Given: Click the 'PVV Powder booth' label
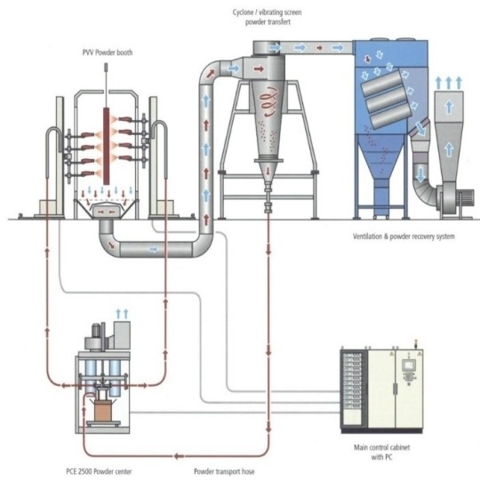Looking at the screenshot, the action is [108, 52].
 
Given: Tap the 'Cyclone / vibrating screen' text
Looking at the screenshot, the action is [267, 12].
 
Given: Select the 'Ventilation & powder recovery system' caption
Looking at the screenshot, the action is [404, 236].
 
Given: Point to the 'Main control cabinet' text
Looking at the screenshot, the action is [381, 447].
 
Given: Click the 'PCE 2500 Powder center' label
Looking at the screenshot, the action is [99, 471].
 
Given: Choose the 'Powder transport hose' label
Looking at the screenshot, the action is [224, 471].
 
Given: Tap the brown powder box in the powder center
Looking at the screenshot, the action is [104, 410].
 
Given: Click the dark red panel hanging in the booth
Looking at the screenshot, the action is [107, 146].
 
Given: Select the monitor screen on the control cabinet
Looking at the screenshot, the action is [408, 365].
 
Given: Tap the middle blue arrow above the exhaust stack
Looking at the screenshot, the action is [449, 83].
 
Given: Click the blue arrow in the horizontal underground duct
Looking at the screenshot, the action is [154, 250].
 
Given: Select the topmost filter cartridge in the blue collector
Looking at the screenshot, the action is [381, 83].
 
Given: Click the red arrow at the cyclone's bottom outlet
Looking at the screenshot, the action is [268, 171].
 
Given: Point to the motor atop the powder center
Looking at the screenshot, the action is [96, 330].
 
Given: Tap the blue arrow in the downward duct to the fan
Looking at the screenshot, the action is [421, 174].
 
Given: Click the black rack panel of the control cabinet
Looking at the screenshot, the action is [354, 389].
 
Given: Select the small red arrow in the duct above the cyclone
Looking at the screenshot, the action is [320, 48].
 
